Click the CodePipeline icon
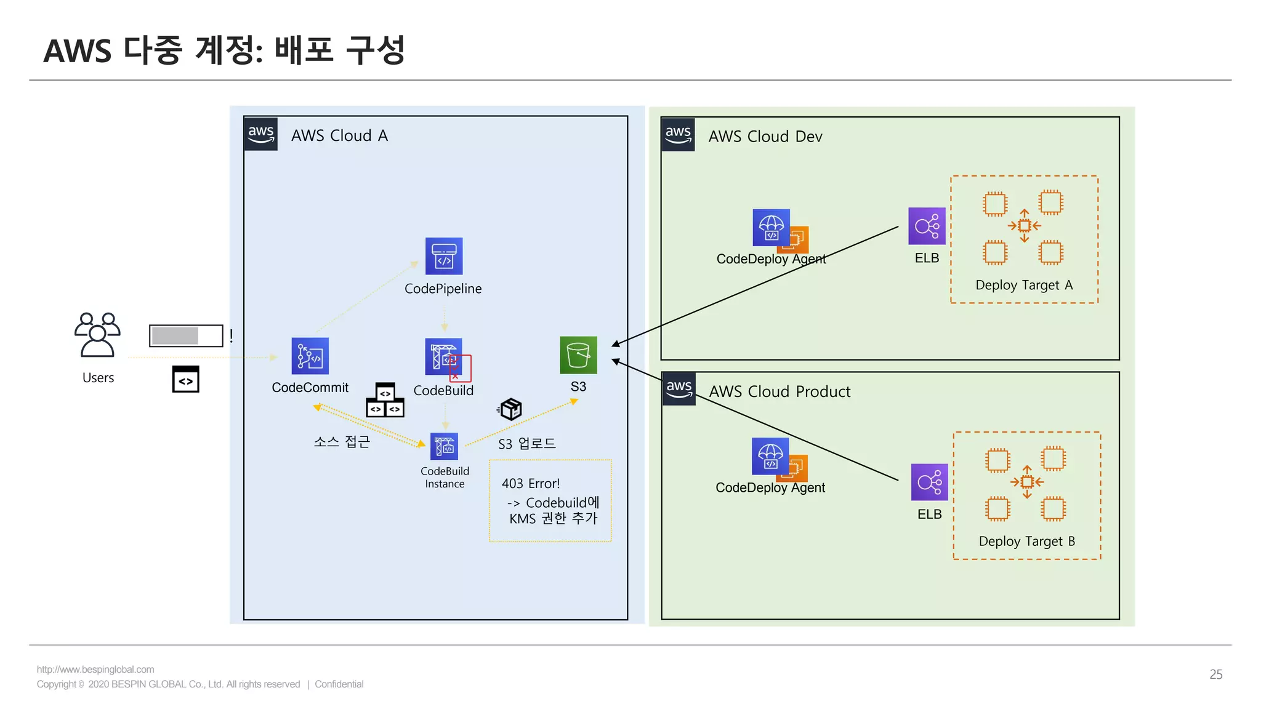(443, 256)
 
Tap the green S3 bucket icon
(578, 355)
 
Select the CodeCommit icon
(310, 356)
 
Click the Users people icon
(97, 335)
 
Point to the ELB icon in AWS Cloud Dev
(927, 226)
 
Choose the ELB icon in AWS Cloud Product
(929, 482)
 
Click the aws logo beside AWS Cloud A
(261, 134)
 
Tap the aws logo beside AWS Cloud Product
(679, 389)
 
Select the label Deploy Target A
(1024, 285)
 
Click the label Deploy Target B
(1026, 541)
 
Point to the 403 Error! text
(531, 484)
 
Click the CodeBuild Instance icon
(444, 447)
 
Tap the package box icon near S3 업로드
(510, 409)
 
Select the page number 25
(1215, 675)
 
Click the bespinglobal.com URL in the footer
(95, 670)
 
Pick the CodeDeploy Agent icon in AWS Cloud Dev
(772, 228)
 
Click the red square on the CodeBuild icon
(460, 368)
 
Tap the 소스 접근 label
(342, 442)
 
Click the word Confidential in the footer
(339, 684)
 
